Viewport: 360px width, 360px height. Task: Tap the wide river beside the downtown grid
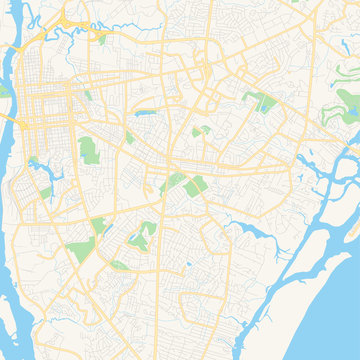pyautogui.click(x=12, y=150)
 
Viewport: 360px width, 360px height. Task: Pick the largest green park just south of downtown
pyautogui.click(x=88, y=150)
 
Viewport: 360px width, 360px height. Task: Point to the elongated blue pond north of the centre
pyautogui.click(x=146, y=113)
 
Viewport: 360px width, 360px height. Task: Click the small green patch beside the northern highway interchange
pyautogui.click(x=101, y=39)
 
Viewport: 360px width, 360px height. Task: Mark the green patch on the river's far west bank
pyautogui.click(x=4, y=90)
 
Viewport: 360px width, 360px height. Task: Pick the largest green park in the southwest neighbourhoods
pyautogui.click(x=80, y=250)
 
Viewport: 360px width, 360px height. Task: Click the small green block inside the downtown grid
pyautogui.click(x=88, y=96)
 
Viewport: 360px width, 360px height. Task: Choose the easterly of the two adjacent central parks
pyautogui.click(x=197, y=184)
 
